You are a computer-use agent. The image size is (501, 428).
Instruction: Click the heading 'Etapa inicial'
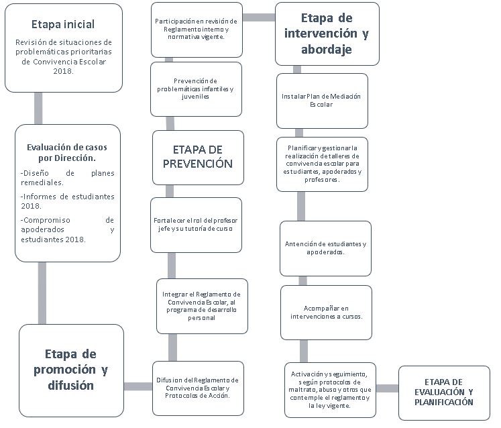(63, 24)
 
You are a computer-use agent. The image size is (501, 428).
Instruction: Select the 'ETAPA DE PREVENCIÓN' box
(198, 158)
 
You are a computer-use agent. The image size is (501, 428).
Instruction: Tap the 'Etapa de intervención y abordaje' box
(327, 34)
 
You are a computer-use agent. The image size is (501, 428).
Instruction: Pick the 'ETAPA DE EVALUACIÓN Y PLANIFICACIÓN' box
(444, 393)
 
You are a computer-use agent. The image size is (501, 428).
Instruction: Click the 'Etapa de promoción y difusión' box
(71, 370)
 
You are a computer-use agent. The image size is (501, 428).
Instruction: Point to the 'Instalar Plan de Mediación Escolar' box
(322, 101)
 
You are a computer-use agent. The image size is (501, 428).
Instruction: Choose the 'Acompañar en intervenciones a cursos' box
(326, 313)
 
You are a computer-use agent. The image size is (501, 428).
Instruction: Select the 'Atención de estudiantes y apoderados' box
(325, 248)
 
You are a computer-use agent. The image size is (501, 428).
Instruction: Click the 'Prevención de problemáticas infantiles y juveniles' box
(197, 89)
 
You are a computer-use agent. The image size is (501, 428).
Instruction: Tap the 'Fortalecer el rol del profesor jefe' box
(197, 225)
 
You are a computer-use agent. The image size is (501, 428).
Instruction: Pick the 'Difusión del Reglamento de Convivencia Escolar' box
(198, 388)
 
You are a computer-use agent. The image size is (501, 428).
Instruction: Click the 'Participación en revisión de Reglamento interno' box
(197, 30)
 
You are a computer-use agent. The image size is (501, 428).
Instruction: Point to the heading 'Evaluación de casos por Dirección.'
(67, 152)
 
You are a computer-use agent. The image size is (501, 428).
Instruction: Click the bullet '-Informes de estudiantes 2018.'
(68, 201)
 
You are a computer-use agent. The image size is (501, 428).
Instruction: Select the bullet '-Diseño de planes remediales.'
(68, 178)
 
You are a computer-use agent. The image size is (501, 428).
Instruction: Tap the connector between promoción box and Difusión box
(138, 386)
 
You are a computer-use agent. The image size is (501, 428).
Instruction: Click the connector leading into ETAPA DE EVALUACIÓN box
(387, 388)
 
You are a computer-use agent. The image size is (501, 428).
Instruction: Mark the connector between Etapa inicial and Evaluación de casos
(38, 109)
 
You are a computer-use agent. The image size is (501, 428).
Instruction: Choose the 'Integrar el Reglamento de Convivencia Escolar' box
(203, 306)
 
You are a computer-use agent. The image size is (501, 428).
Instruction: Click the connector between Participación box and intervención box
(259, 17)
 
